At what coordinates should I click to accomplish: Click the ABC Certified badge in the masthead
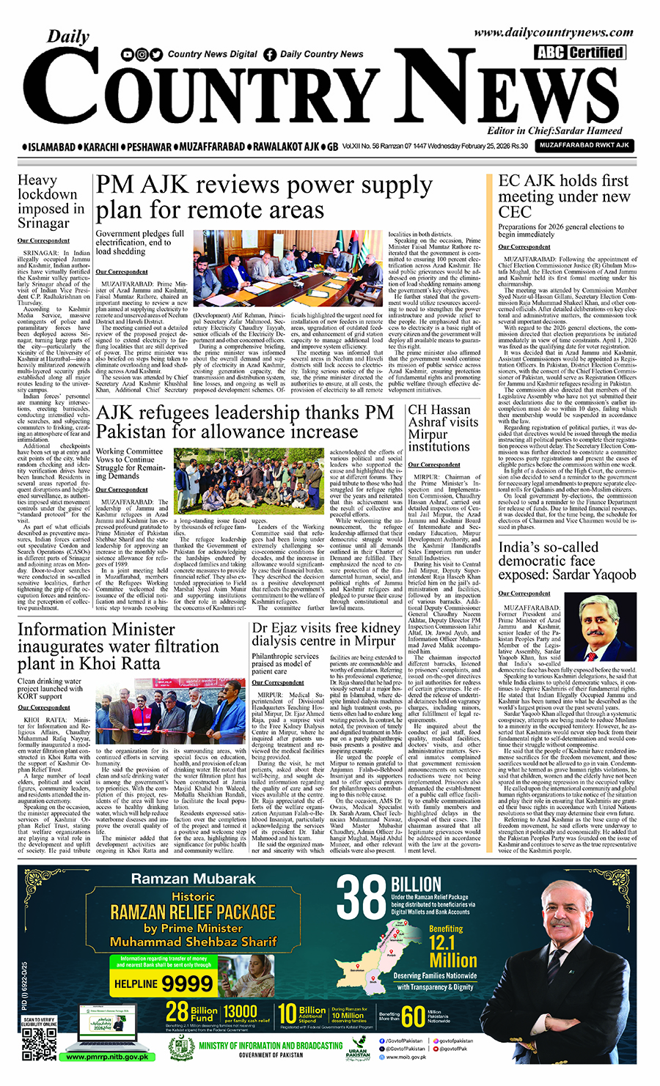pyautogui.click(x=579, y=52)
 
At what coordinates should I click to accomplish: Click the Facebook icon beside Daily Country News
pyautogui.click(x=270, y=54)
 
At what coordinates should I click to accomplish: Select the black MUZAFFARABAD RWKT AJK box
pyautogui.click(x=584, y=146)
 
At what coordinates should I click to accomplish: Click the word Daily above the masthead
pyautogui.click(x=68, y=37)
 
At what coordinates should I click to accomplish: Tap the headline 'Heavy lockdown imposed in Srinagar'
pyautogui.click(x=51, y=202)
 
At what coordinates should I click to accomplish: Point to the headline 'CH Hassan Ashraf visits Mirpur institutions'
pyautogui.click(x=443, y=428)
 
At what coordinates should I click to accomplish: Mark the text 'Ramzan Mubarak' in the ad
pyautogui.click(x=193, y=879)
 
